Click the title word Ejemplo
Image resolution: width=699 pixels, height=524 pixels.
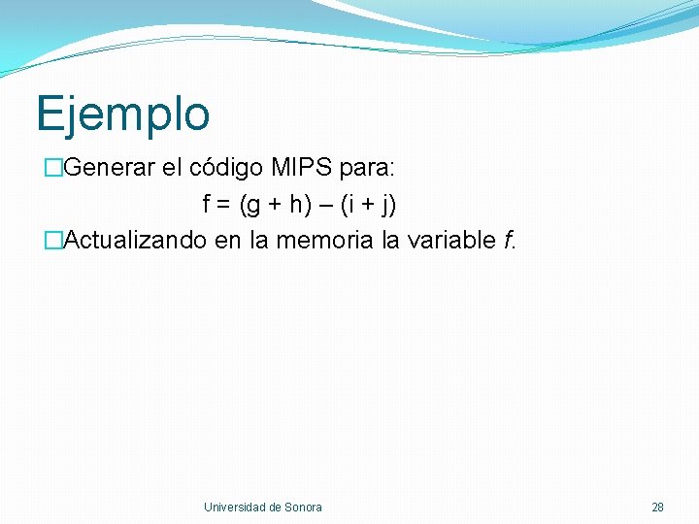click(122, 115)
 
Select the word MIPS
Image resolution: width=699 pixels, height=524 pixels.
click(302, 168)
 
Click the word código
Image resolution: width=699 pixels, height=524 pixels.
click(226, 168)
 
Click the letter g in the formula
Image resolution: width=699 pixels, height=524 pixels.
click(254, 206)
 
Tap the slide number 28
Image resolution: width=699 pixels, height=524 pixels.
click(657, 507)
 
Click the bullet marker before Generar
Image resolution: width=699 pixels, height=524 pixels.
click(53, 168)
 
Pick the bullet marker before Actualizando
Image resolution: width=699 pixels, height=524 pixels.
click(53, 240)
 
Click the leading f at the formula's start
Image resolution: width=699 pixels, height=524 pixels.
click(206, 205)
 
